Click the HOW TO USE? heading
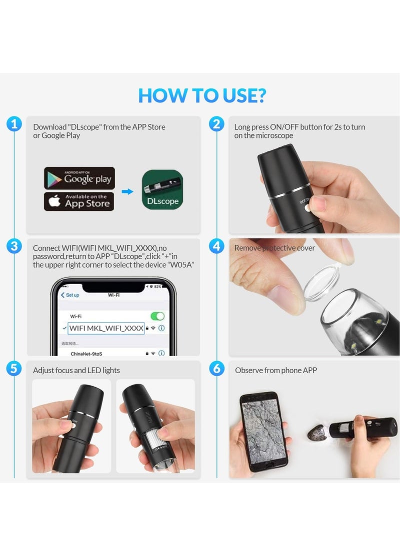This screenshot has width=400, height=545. (x=202, y=95)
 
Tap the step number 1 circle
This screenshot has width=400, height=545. (x=14, y=124)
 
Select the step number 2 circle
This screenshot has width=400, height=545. (x=216, y=124)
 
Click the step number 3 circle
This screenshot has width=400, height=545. (x=14, y=246)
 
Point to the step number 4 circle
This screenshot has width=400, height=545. (x=216, y=246)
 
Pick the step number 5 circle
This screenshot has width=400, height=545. (x=14, y=369)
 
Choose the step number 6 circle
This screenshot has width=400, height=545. (x=216, y=369)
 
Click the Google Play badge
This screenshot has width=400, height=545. (x=79, y=178)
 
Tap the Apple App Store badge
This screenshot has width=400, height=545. (x=79, y=201)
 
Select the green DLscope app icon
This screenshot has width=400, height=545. (x=162, y=190)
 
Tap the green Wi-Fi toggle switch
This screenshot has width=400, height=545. (x=157, y=316)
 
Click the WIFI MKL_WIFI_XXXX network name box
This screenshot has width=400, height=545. (x=106, y=328)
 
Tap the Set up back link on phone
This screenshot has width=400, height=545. (x=70, y=295)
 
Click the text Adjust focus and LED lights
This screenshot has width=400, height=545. (x=76, y=370)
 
